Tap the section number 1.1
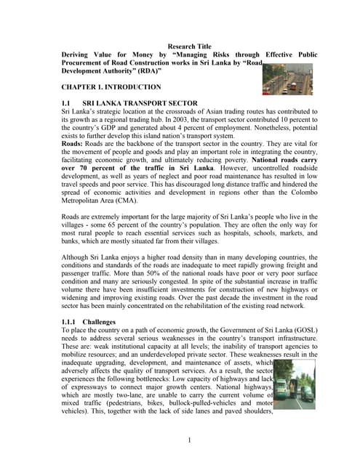[x=68, y=104]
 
